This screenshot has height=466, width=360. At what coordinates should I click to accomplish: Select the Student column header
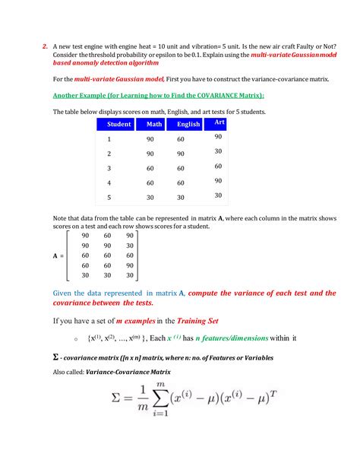(119, 124)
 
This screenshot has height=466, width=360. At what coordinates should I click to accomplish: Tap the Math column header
(155, 125)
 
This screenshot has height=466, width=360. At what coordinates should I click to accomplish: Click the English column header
(188, 125)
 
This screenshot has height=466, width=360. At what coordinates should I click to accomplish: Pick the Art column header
(219, 122)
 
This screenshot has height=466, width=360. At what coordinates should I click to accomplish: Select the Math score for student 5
(151, 197)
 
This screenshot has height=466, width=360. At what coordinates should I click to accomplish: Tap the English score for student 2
(182, 154)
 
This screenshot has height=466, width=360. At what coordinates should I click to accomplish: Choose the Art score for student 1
(218, 137)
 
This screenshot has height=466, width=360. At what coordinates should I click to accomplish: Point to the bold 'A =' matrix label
(58, 256)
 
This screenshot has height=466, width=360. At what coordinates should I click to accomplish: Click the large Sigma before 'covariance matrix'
(56, 357)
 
